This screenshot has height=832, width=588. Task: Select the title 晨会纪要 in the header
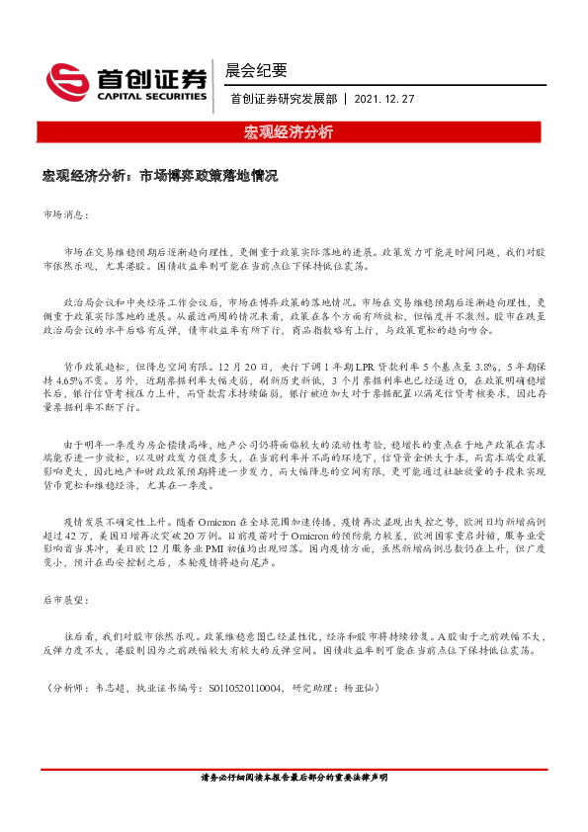point(256,70)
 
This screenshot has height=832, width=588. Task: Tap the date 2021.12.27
point(384,99)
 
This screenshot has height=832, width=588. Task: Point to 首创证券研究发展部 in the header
point(282,99)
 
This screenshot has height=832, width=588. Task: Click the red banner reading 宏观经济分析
point(294,132)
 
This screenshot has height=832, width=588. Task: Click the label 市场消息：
point(66,213)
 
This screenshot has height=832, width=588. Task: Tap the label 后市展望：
point(66,600)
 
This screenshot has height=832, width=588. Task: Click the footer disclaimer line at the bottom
point(294,779)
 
